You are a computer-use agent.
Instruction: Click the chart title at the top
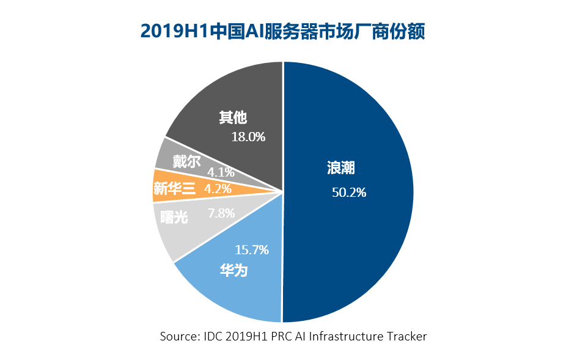pyautogui.click(x=282, y=31)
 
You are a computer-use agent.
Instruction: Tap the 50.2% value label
pyautogui.click(x=349, y=193)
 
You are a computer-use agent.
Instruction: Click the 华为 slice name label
pyautogui.click(x=233, y=270)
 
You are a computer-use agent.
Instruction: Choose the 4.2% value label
pyautogui.click(x=218, y=189)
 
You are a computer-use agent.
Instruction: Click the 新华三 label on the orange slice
pyautogui.click(x=174, y=189)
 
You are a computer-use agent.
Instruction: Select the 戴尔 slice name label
pyautogui.click(x=186, y=161)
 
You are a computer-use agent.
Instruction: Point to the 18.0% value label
pyautogui.click(x=248, y=136)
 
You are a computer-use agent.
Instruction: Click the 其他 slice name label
pyautogui.click(x=233, y=117)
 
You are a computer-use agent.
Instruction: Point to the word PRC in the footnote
pyautogui.click(x=279, y=336)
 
